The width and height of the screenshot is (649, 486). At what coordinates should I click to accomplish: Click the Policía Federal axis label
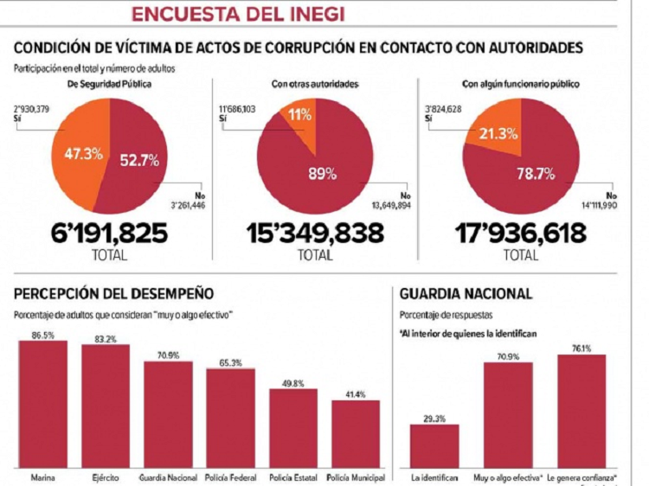click(230, 476)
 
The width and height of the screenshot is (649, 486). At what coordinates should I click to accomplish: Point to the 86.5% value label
click(43, 334)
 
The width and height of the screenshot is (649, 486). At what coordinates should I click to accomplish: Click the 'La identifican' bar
click(434, 446)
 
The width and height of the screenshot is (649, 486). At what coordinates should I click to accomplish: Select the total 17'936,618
click(520, 235)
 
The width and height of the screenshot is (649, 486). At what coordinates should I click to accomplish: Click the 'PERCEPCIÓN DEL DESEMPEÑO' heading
click(113, 294)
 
